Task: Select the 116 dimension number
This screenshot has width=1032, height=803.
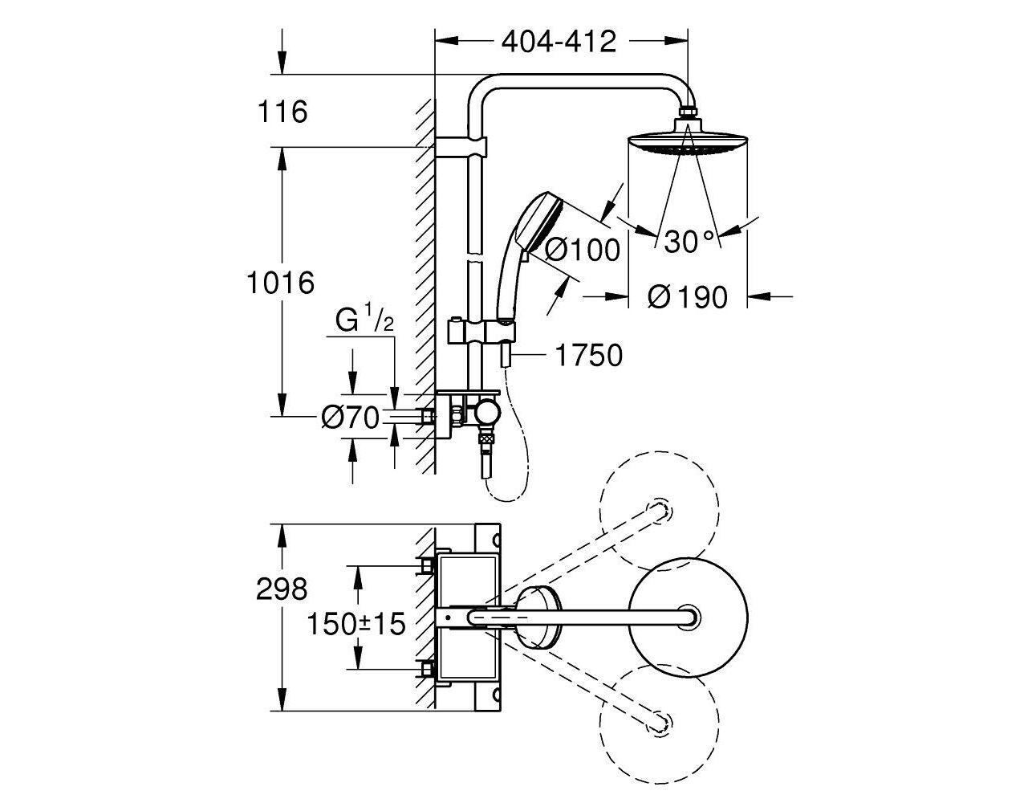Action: tap(282, 112)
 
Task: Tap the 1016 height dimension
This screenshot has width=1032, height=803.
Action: tap(281, 283)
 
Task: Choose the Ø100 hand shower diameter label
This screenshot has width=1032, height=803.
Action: tap(583, 249)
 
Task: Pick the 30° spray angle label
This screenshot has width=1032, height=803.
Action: tap(689, 242)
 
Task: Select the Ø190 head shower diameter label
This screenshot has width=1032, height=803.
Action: tap(687, 297)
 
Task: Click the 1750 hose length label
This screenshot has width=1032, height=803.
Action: tap(588, 356)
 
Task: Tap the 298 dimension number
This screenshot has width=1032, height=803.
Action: tap(282, 589)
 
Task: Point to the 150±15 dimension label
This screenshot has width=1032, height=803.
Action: tap(356, 624)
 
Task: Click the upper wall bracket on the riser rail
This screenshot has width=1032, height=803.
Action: tap(461, 147)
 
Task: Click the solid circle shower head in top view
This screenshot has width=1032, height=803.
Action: tap(689, 617)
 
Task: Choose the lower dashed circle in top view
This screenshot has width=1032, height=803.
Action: tap(659, 724)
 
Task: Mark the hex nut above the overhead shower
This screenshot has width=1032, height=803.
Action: tap(688, 112)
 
